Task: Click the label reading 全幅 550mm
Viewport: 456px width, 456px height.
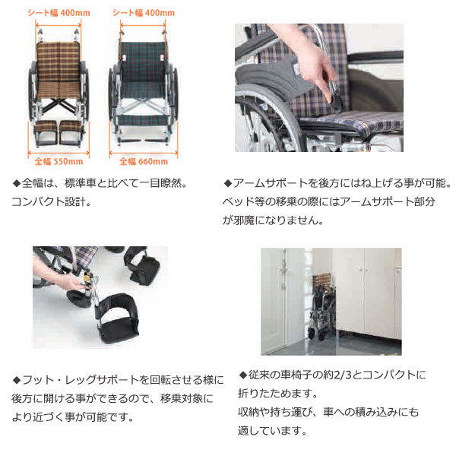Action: click(58, 161)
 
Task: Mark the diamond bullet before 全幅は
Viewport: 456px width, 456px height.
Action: click(17, 184)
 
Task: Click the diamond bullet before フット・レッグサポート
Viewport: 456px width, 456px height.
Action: click(17, 379)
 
